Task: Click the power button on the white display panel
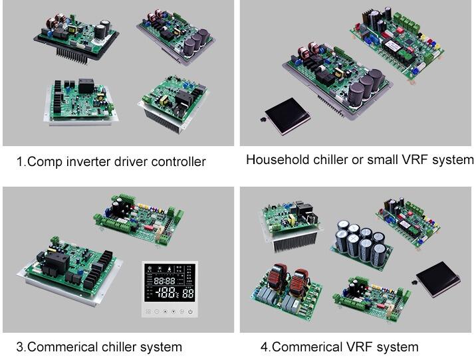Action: (x=190, y=312)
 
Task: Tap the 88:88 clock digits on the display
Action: (x=164, y=280)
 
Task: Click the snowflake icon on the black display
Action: (x=150, y=269)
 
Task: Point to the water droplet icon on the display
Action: (x=169, y=269)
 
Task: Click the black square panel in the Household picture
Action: (x=287, y=116)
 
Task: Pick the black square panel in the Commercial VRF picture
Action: (x=438, y=280)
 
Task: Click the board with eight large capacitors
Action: (x=361, y=245)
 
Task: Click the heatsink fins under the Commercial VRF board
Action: (x=294, y=242)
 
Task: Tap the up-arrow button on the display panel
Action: (x=165, y=312)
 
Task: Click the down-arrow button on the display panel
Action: (x=174, y=312)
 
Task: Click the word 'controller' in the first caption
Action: (x=178, y=161)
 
